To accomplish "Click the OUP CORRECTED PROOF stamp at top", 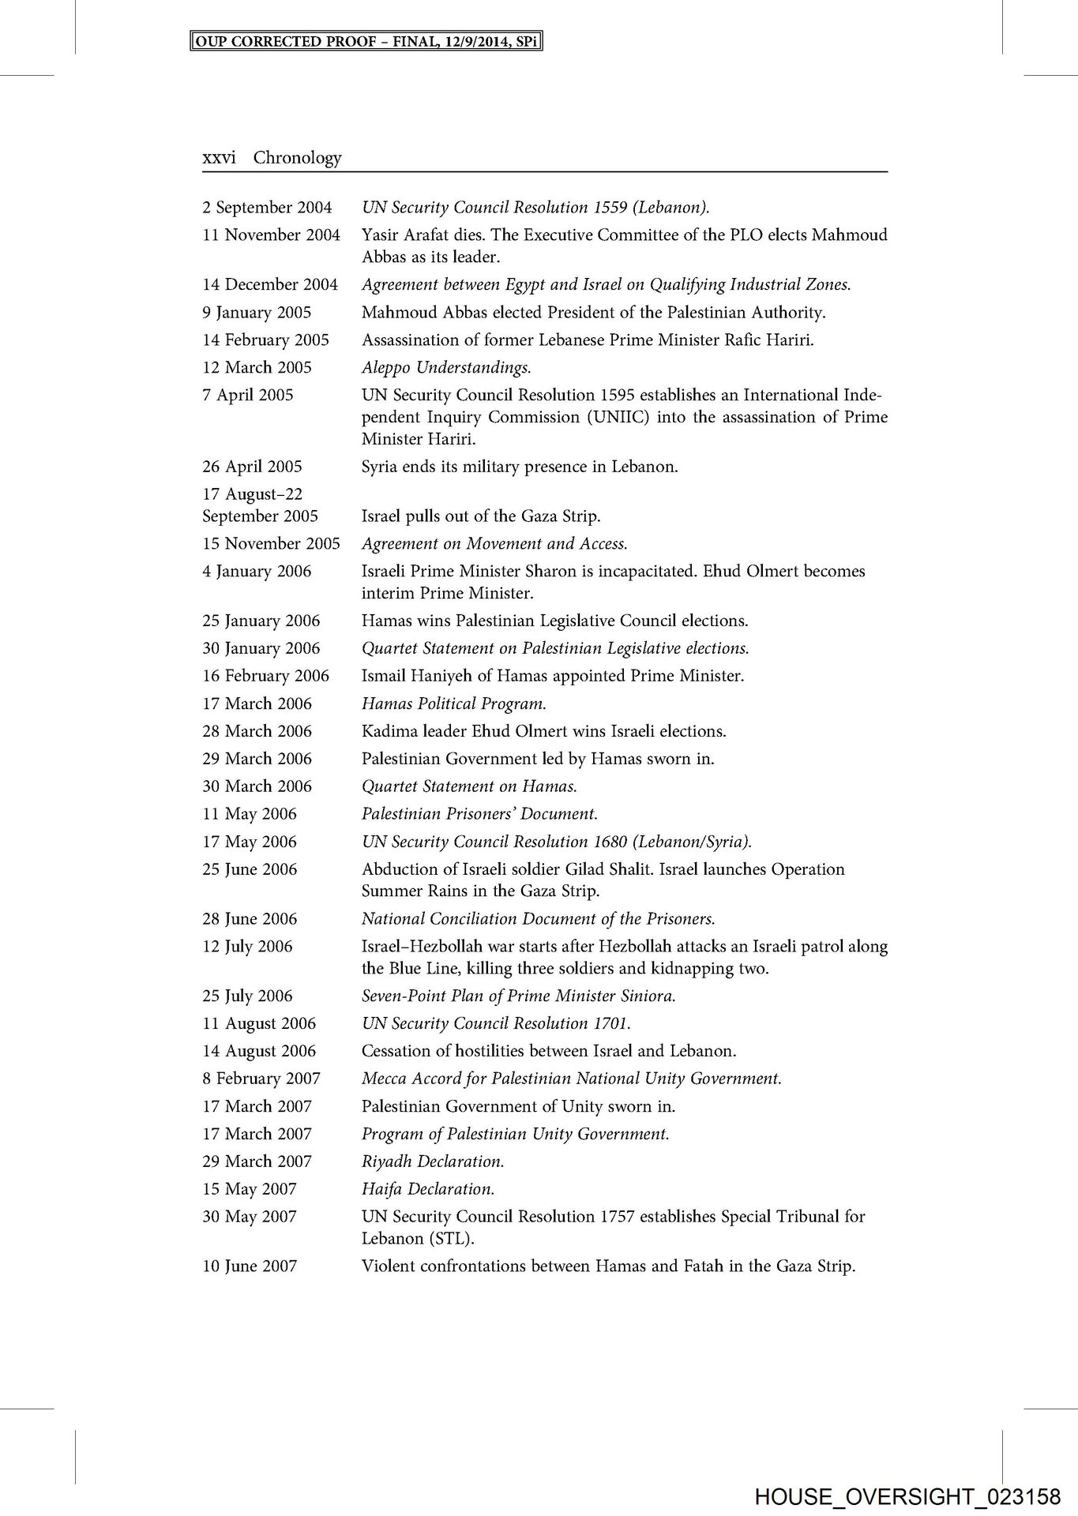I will pos(367,41).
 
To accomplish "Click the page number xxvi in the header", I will pos(219,158).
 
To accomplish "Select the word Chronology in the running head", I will pos(297,158).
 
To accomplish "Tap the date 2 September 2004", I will pos(267,208).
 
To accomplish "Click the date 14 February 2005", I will pos(265,340).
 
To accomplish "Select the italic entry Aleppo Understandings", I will pos(446,368).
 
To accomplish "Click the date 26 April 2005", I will pos(252,467).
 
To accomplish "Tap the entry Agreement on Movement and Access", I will pos(494,544).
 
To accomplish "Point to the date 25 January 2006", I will pos(261,621).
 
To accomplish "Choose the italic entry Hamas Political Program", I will pos(453,704).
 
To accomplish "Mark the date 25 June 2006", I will pos(250,869).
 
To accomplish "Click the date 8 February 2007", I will pos(261,1079).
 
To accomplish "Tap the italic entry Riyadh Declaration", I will pos(433,1161).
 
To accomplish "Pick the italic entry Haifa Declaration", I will pos(428,1189).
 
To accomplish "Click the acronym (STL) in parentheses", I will pos(452,1239).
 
